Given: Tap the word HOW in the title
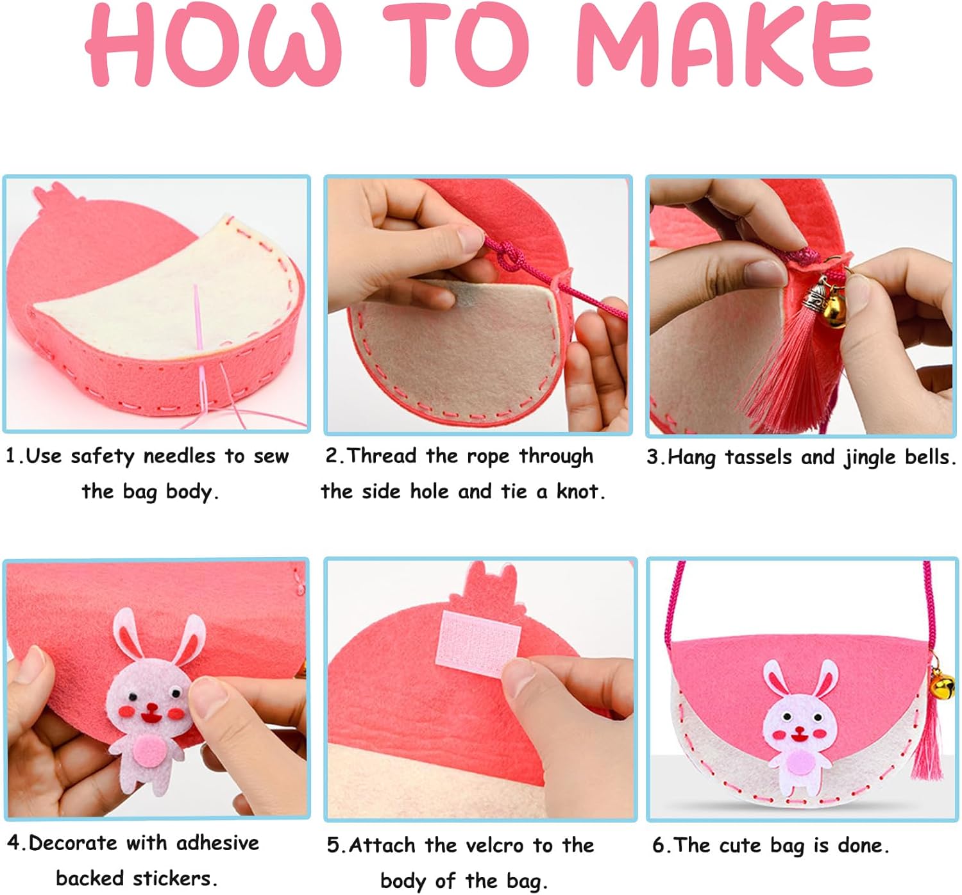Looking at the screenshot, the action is tap(214, 47).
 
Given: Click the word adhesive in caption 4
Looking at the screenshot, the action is tap(217, 843).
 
